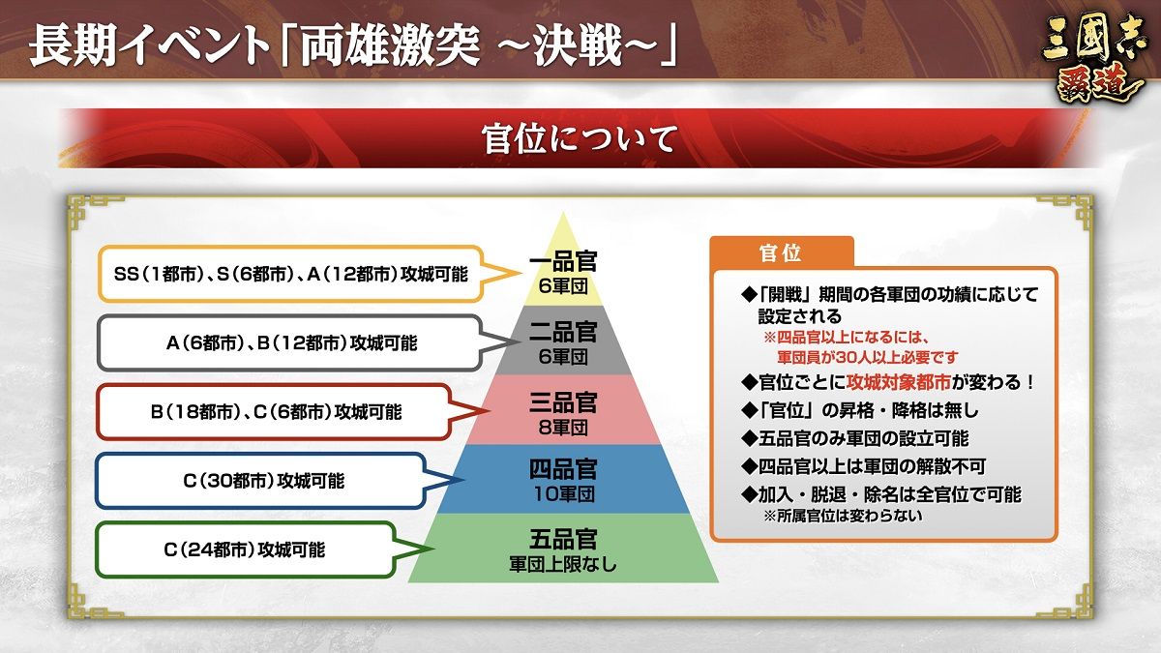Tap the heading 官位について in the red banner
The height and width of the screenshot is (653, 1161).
pyautogui.click(x=580, y=138)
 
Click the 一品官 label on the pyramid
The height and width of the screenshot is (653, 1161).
pyautogui.click(x=563, y=261)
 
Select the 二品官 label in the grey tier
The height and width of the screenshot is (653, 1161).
pyautogui.click(x=563, y=332)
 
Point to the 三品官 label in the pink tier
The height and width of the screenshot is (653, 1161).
pyautogui.click(x=563, y=402)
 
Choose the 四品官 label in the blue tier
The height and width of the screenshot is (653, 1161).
pyautogui.click(x=563, y=469)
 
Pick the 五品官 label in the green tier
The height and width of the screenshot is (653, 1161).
pyautogui.click(x=563, y=539)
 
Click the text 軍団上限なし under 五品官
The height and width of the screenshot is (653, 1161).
pyautogui.click(x=563, y=564)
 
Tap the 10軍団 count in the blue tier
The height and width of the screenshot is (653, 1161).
pyautogui.click(x=563, y=494)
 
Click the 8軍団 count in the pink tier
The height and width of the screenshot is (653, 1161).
pyautogui.click(x=563, y=428)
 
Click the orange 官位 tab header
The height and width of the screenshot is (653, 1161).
pyautogui.click(x=781, y=252)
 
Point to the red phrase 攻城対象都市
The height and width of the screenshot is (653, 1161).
pyautogui.click(x=898, y=382)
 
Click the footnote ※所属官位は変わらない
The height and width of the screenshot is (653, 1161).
pyautogui.click(x=843, y=516)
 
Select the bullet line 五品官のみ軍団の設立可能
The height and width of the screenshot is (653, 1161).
pyautogui.click(x=855, y=438)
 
